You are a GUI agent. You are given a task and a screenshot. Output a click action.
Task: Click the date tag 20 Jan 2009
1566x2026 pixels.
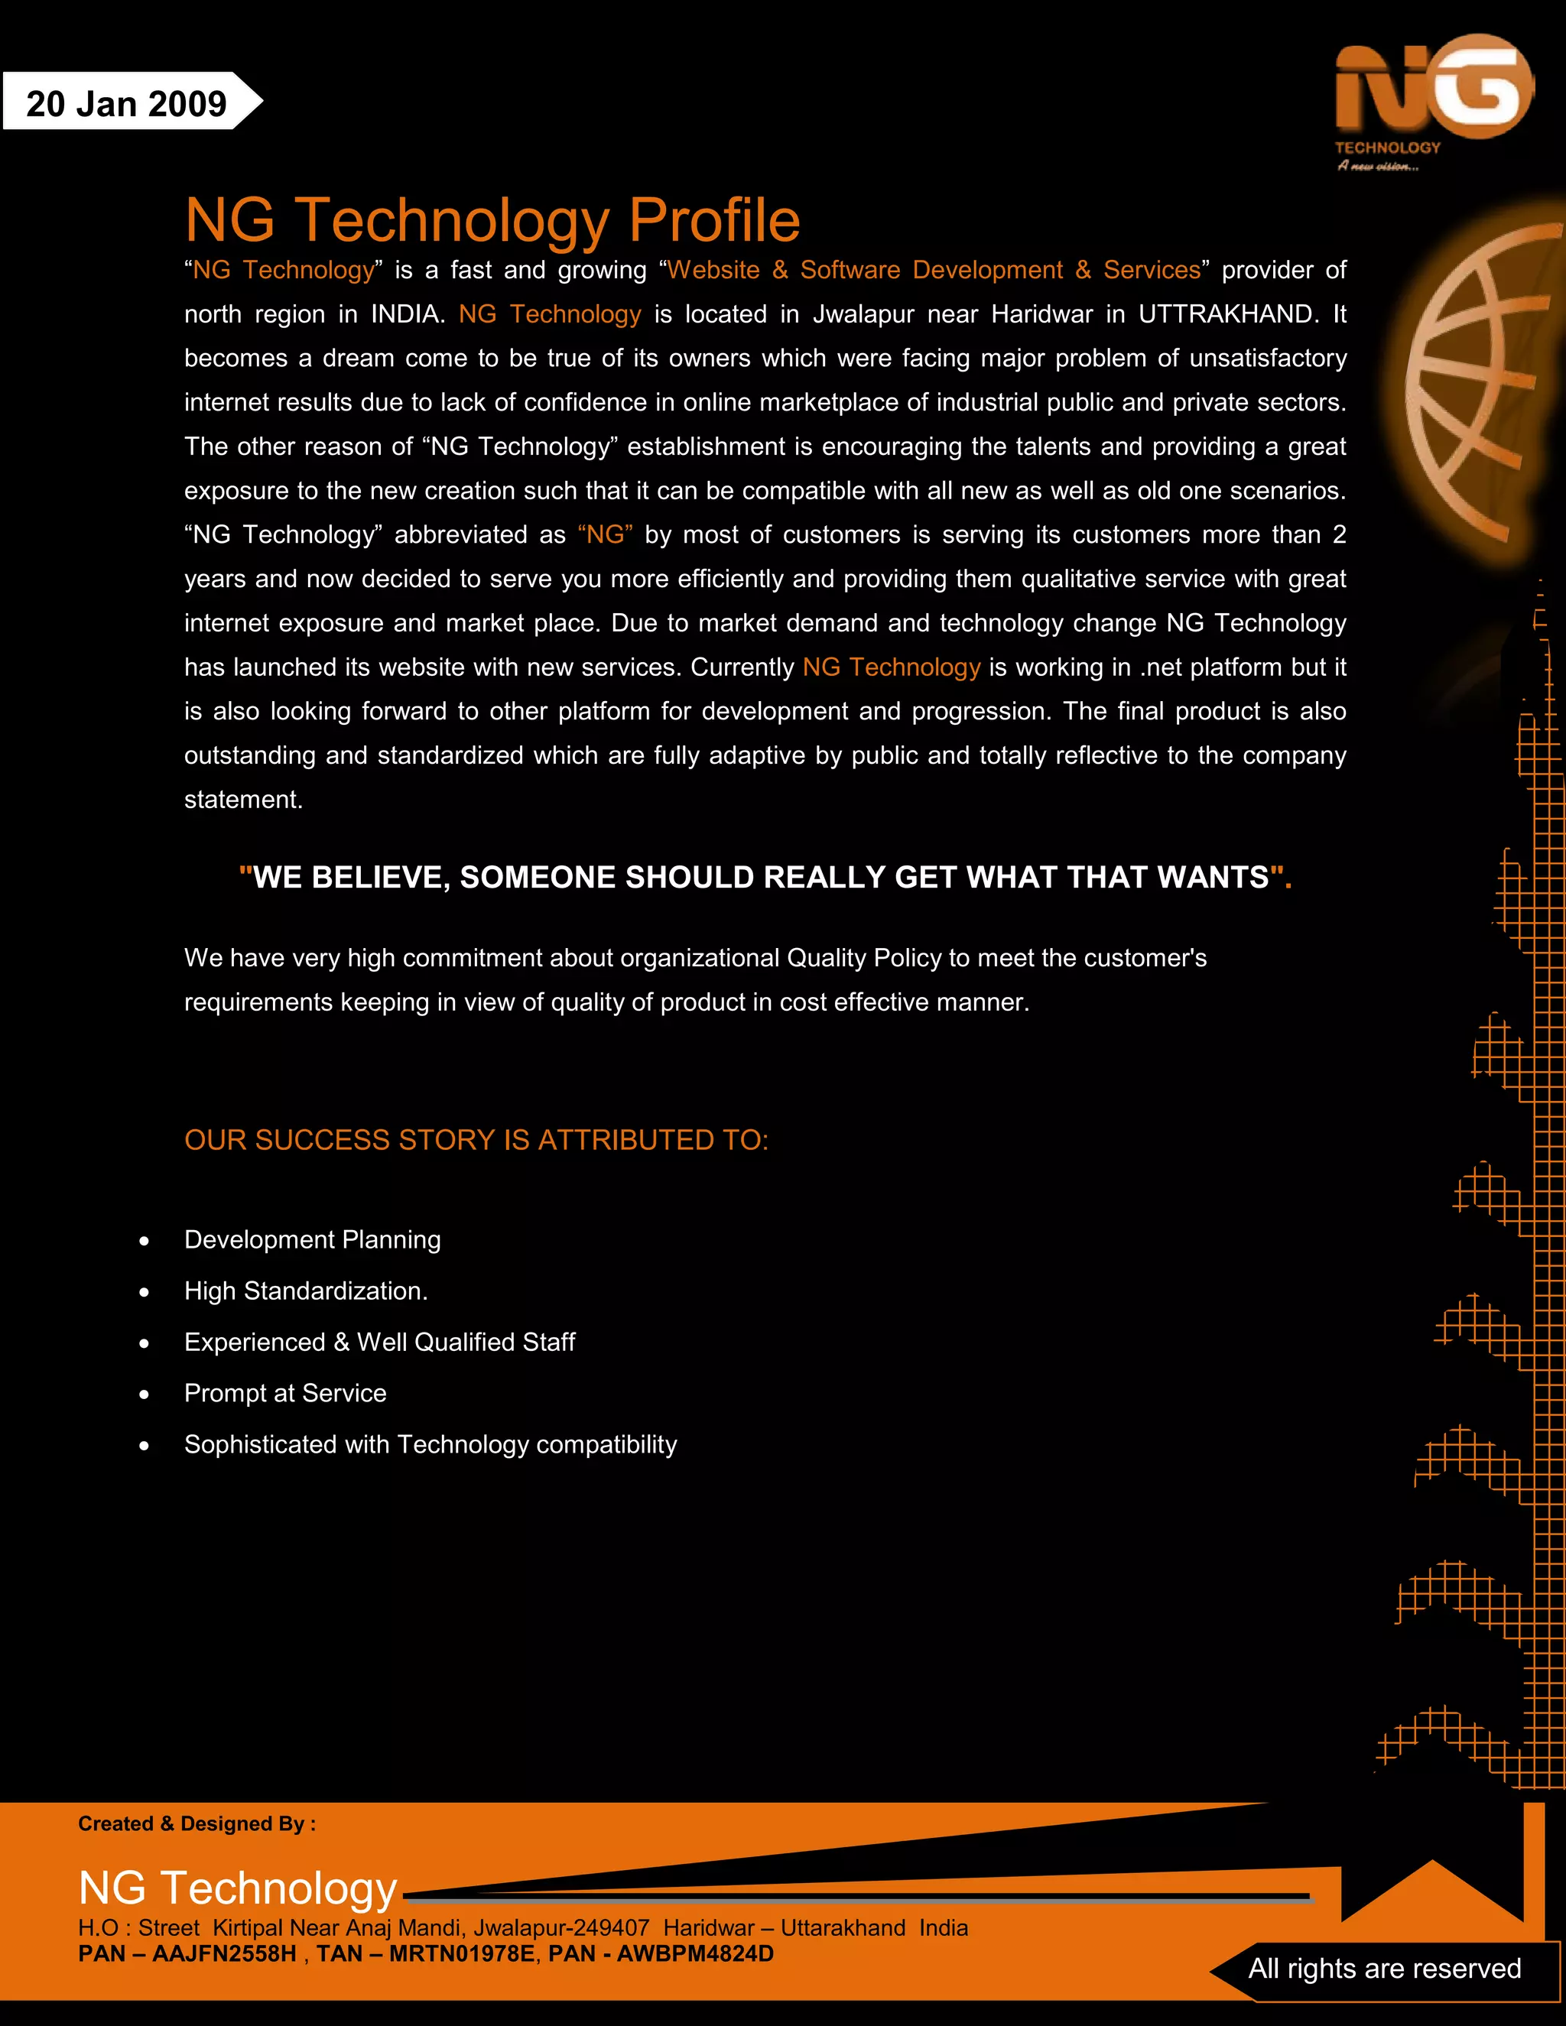click(126, 104)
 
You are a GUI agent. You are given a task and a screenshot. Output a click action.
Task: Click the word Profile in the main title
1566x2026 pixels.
click(713, 221)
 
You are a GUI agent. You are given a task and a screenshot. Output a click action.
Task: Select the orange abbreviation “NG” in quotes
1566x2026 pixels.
click(605, 535)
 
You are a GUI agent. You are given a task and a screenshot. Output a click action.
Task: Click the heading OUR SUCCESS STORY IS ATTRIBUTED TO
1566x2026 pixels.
click(476, 1140)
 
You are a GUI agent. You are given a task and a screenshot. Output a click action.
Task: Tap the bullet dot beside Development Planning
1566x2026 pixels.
click(144, 1241)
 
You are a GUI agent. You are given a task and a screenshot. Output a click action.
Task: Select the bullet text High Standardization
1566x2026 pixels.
click(305, 1291)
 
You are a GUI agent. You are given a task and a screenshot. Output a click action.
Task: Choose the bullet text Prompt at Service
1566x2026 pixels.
click(284, 1393)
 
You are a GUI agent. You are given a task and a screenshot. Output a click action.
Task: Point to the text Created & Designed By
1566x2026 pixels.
click(197, 1823)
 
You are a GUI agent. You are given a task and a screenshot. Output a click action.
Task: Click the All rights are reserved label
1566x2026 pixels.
click(1384, 1969)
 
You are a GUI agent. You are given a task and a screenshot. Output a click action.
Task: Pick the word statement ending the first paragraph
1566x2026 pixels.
click(243, 800)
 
